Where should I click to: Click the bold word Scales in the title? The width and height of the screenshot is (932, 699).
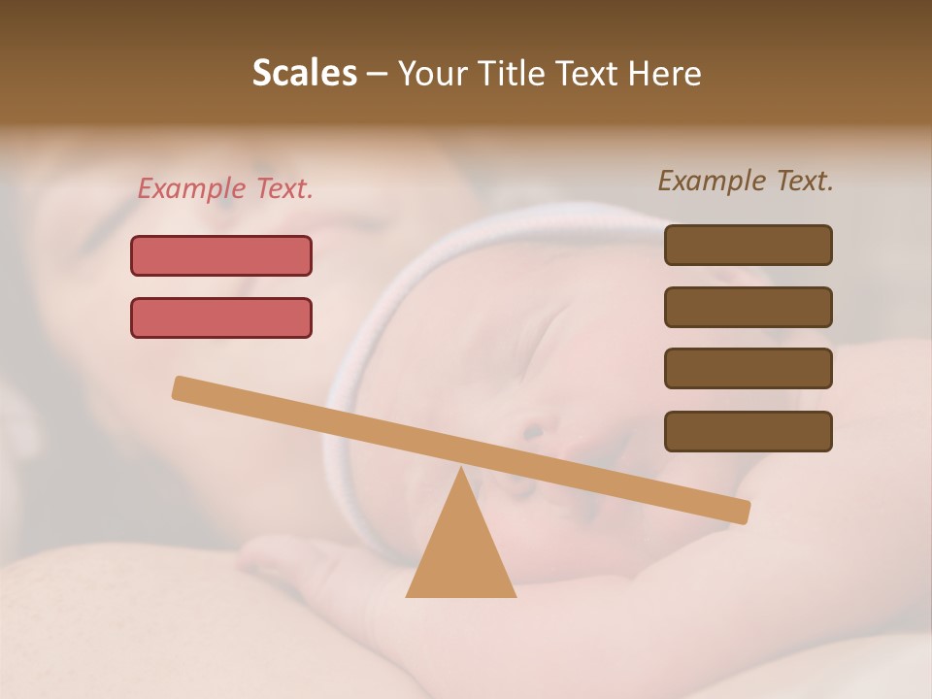(304, 74)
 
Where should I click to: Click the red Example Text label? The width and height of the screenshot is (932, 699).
(225, 189)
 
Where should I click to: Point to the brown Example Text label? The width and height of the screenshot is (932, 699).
(746, 181)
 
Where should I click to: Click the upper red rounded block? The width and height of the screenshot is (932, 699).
(221, 255)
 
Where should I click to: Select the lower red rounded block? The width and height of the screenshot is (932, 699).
(221, 317)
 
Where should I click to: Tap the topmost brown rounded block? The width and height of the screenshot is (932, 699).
(748, 245)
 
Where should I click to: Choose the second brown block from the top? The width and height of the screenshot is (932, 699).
(748, 307)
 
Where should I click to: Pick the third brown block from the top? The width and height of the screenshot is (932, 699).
(748, 369)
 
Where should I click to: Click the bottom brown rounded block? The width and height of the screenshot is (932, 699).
(748, 431)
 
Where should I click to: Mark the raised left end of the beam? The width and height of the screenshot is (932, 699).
(181, 387)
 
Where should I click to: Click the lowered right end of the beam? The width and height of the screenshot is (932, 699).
(742, 512)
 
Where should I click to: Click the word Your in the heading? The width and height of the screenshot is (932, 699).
(432, 74)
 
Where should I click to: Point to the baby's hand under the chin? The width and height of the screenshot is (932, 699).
(291, 558)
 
